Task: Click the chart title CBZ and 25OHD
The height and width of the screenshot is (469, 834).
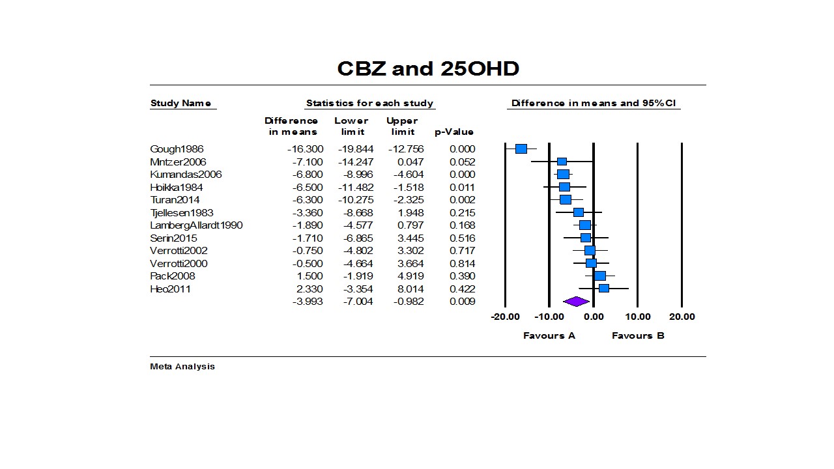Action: [427, 68]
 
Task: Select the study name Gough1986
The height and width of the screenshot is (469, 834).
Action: [177, 149]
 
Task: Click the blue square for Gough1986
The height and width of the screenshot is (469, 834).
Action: [521, 149]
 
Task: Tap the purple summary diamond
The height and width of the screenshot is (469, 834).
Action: [576, 302]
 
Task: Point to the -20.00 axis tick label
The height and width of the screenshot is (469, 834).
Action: [506, 317]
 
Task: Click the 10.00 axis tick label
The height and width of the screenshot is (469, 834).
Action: [638, 317]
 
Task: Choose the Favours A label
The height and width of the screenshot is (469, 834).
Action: [549, 335]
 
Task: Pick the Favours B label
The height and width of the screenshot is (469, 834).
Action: [638, 335]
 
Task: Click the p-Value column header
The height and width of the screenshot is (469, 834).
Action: [454, 132]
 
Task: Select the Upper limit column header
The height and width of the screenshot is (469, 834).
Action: [402, 126]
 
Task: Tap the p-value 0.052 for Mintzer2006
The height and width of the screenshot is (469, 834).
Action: [462, 162]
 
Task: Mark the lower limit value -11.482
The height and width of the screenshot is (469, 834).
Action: [356, 187]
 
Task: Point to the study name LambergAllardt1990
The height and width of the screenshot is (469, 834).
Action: [196, 225]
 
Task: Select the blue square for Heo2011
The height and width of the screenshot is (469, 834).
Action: [604, 288]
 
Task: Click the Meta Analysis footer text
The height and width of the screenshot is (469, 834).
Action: [182, 366]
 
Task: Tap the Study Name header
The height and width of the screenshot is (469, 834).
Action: [180, 103]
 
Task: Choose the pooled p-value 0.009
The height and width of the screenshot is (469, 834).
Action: [462, 302]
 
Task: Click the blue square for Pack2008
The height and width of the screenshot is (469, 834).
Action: [600, 276]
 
